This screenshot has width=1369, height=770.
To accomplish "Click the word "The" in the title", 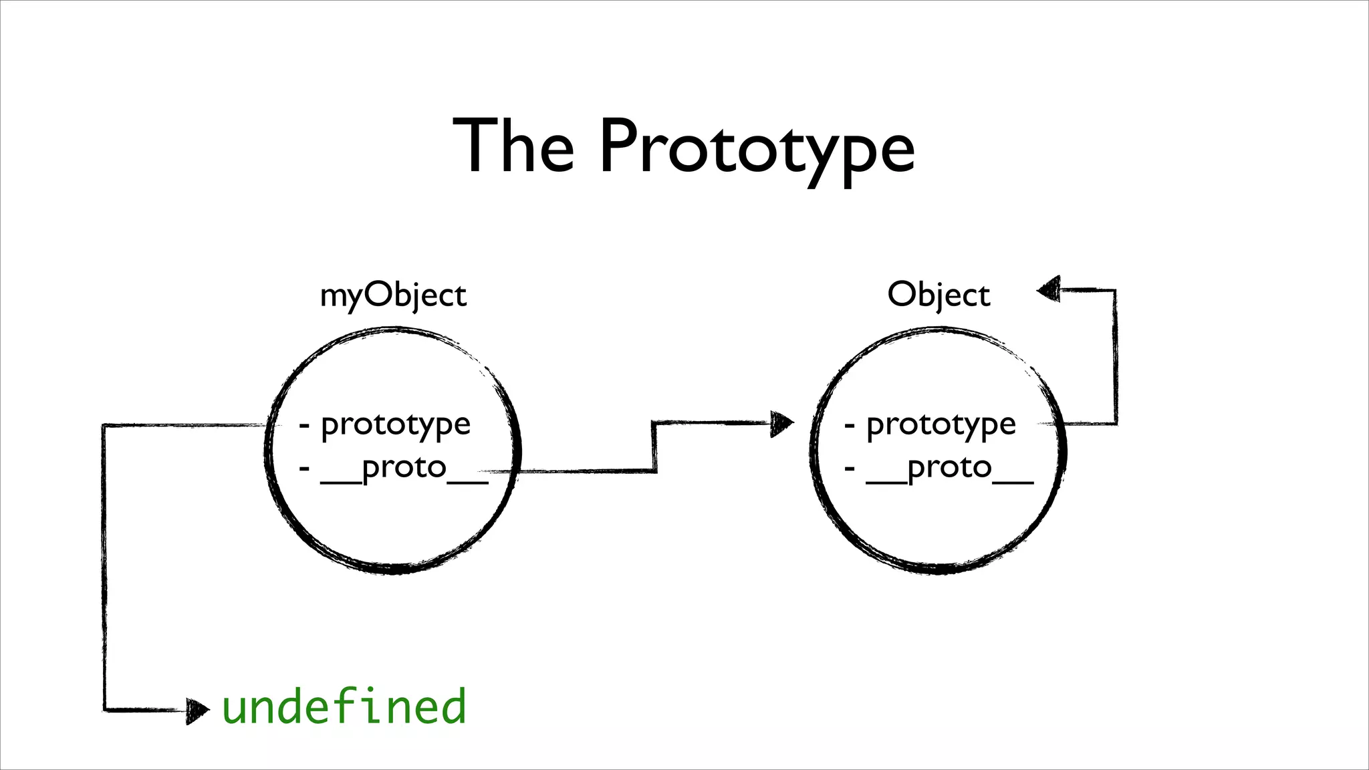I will click(x=513, y=145).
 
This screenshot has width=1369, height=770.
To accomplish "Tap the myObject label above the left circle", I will click(x=393, y=295).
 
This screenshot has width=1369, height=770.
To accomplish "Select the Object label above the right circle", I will click(x=939, y=295).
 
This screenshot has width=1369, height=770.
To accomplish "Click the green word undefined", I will click(x=344, y=707).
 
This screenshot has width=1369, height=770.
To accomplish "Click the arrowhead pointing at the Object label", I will click(x=1049, y=289).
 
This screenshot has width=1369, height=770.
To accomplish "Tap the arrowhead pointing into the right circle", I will click(x=781, y=423).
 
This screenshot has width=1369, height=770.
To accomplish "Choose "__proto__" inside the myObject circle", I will click(x=404, y=468).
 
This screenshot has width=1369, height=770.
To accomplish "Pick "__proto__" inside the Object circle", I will click(x=949, y=468).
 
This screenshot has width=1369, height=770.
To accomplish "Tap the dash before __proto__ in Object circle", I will click(x=850, y=468).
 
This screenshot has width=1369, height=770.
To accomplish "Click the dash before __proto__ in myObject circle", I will click(x=305, y=468).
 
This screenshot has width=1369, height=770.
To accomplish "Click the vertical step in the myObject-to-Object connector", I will click(x=654, y=447).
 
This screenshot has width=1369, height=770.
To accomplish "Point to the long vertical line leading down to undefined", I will click(x=104, y=568).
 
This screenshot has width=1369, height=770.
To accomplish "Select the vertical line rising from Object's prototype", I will click(x=1115, y=358).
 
